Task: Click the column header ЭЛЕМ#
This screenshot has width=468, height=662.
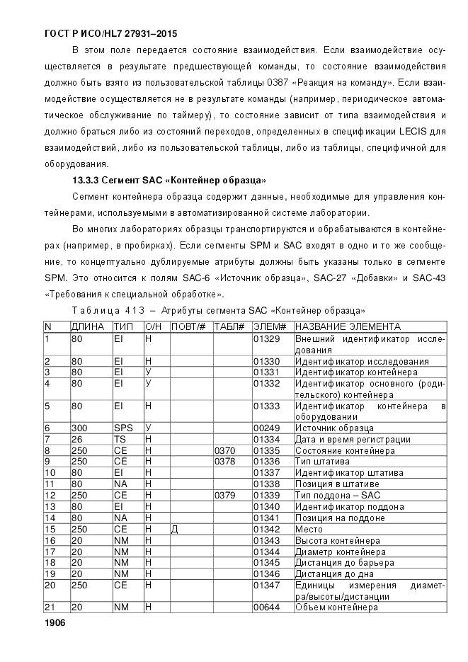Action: [x=269, y=326]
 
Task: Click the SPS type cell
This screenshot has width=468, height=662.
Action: [x=122, y=428]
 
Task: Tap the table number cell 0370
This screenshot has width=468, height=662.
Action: [x=224, y=450]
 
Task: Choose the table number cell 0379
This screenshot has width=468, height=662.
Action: [x=224, y=495]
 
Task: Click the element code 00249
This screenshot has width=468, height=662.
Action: [x=266, y=428]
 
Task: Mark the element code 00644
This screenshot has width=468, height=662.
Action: [x=266, y=607]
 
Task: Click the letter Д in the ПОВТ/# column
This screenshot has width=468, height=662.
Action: [x=175, y=529]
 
